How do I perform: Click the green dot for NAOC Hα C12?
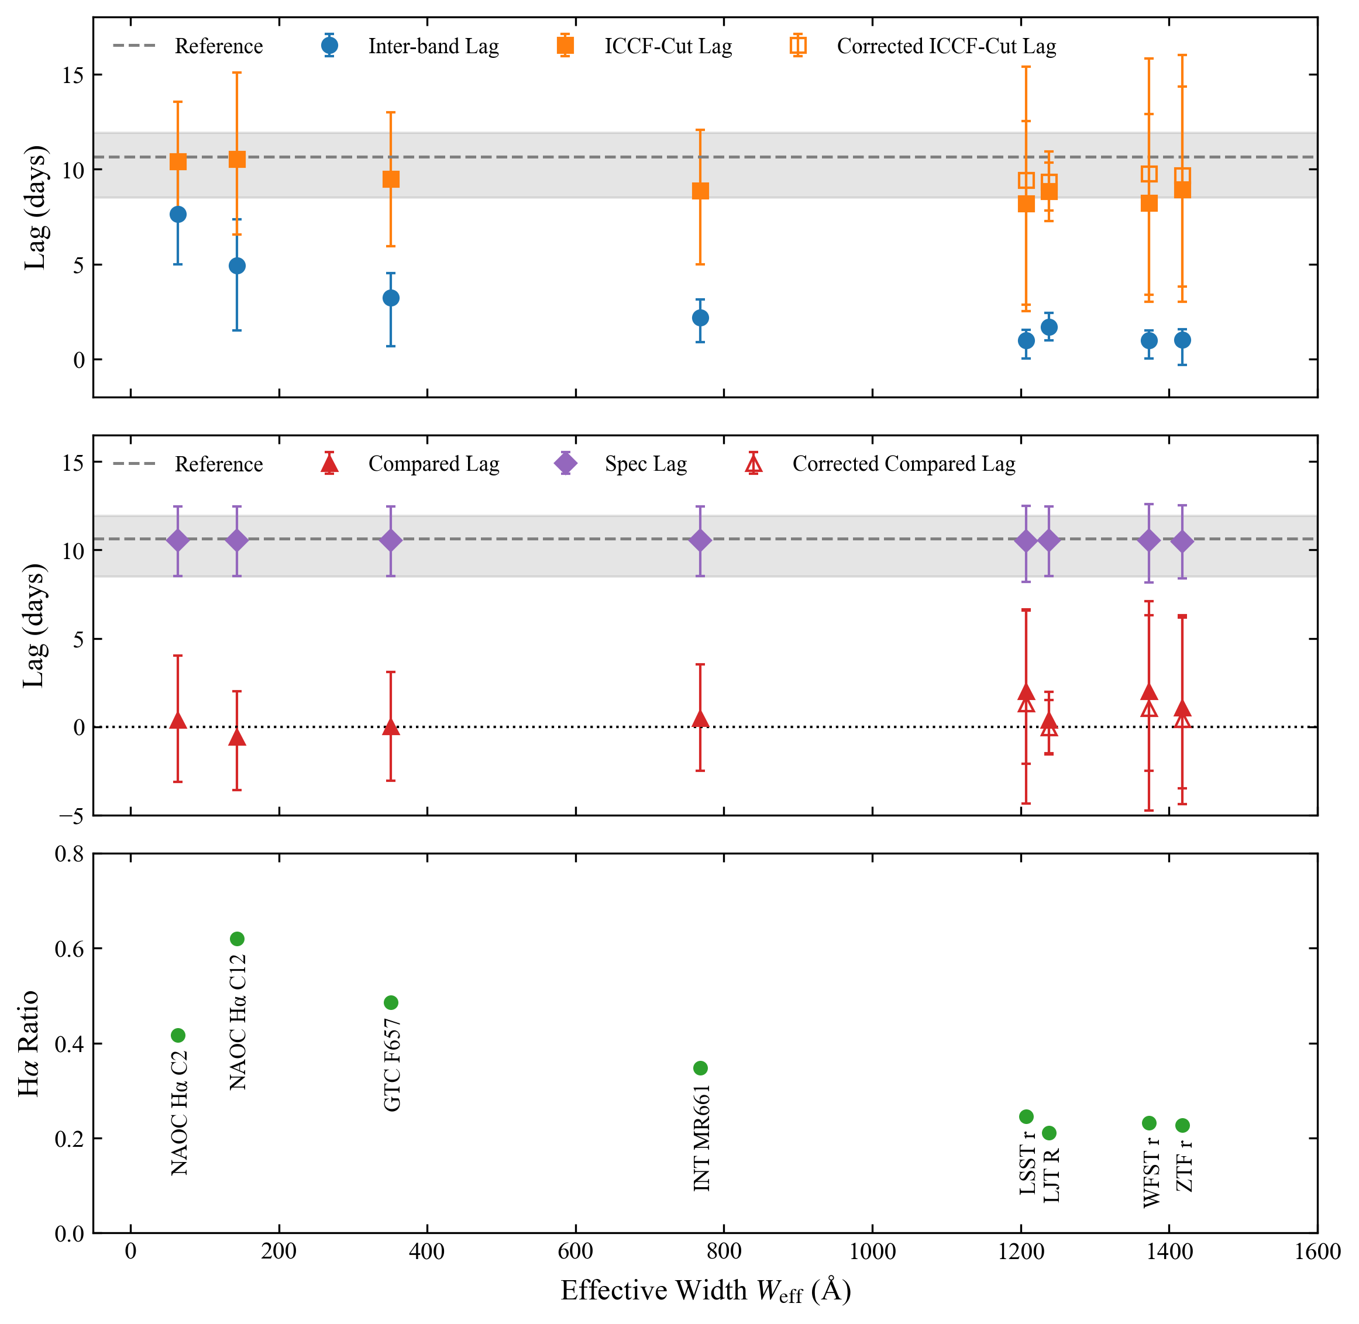pyautogui.click(x=237, y=939)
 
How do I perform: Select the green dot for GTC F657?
pyautogui.click(x=391, y=1002)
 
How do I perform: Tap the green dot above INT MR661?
pyautogui.click(x=700, y=1067)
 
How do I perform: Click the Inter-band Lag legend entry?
pyautogui.click(x=410, y=46)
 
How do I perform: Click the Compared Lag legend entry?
pyautogui.click(x=410, y=464)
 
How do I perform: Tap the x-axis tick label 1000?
pyautogui.click(x=872, y=1251)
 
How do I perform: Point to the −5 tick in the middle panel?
pyautogui.click(x=71, y=816)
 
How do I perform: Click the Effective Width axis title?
pyautogui.click(x=706, y=1291)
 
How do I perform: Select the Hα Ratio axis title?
pyautogui.click(x=29, y=1043)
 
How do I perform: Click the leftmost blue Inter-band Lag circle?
pyautogui.click(x=178, y=214)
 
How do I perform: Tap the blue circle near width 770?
pyautogui.click(x=700, y=318)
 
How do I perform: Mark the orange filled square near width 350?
pyautogui.click(x=391, y=180)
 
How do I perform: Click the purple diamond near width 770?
pyautogui.click(x=700, y=540)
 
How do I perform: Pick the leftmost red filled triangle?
pyautogui.click(x=178, y=720)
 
